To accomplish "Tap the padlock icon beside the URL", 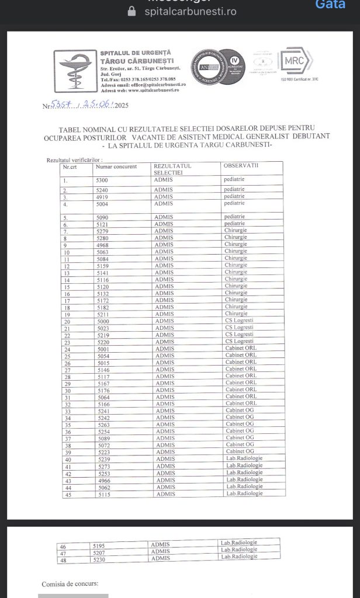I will [x=131, y=11].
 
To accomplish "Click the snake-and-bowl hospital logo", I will [x=75, y=71].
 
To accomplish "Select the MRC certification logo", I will [x=297, y=60].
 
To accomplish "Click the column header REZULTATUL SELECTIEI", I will [x=172, y=169].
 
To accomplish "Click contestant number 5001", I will [x=103, y=349].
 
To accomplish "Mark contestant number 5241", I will [x=103, y=411].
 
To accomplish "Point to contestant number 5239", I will [x=103, y=458].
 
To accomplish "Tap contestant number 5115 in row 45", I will [x=103, y=494].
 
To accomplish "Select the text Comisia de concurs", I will [x=70, y=584].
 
